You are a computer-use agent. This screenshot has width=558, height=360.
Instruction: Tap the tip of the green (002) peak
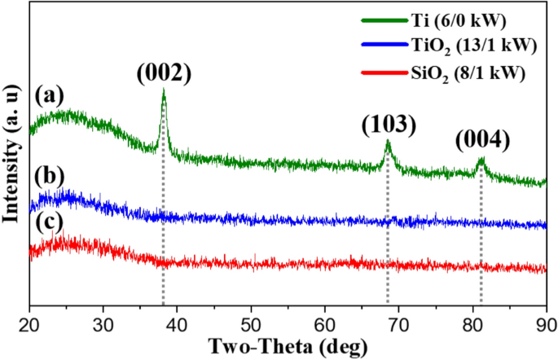point(164,91)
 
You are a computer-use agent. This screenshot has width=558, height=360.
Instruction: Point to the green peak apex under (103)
point(388,142)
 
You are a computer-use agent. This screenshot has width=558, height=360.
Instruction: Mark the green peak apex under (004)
point(481,159)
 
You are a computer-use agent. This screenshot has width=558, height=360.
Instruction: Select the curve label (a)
point(49,97)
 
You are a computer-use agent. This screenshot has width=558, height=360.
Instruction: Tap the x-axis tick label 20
point(29,324)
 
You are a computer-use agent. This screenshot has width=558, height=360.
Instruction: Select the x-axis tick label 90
point(544,324)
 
